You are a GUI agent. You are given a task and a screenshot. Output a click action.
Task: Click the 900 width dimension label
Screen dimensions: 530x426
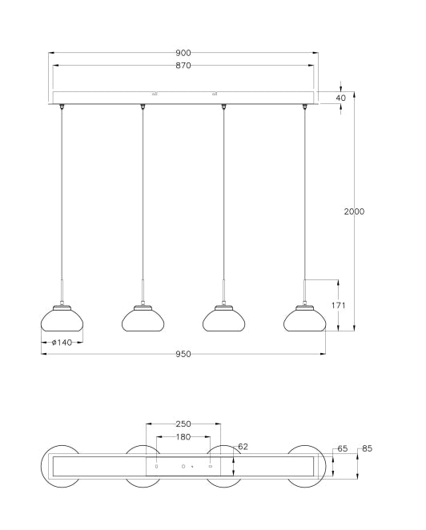point(183,53)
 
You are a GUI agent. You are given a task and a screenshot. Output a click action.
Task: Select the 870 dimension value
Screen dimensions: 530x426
point(183,66)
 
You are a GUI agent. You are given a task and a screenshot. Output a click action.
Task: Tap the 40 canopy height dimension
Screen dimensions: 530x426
point(341,98)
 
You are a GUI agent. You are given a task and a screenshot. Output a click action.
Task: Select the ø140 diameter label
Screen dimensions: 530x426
point(61,343)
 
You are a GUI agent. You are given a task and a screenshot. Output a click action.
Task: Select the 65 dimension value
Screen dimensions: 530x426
point(343,450)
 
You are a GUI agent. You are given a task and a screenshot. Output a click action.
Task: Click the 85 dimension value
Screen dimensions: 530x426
point(368,449)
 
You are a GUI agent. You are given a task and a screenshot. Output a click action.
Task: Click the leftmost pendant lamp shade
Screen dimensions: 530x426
point(61,319)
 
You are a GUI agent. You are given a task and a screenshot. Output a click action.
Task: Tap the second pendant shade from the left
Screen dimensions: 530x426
point(143,319)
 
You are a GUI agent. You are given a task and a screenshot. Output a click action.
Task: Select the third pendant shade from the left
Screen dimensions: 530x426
point(223,319)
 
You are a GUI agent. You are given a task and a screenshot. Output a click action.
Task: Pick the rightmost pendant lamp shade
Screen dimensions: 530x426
point(305,319)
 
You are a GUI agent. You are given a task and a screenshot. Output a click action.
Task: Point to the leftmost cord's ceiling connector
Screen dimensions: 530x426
point(62,106)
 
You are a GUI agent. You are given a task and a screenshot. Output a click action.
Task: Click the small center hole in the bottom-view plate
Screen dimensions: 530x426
point(183,465)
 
